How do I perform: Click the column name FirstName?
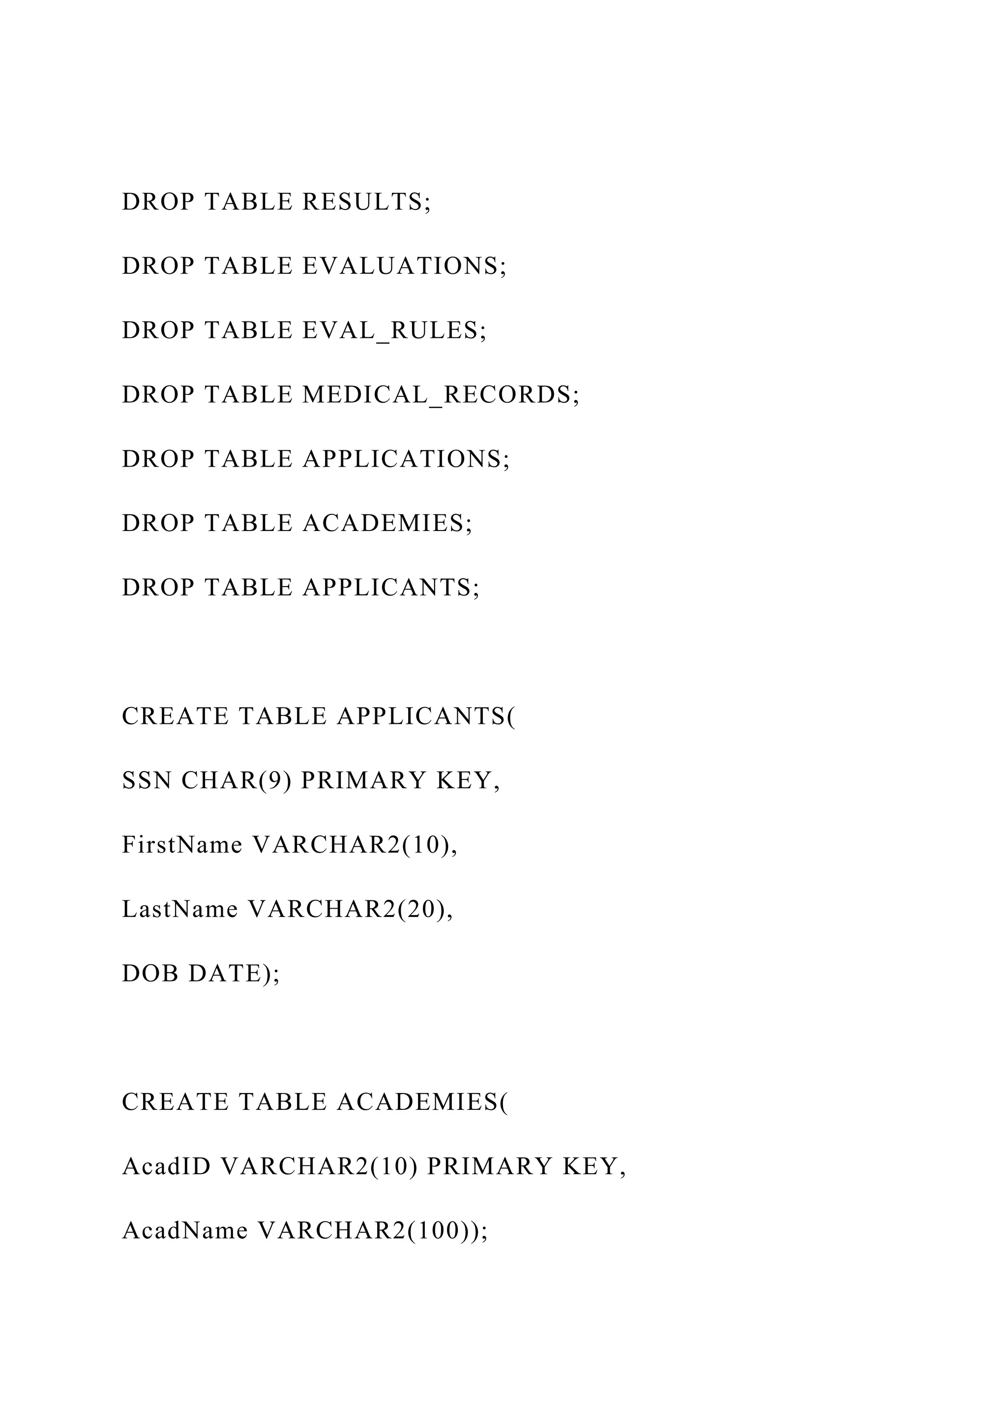click(181, 845)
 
